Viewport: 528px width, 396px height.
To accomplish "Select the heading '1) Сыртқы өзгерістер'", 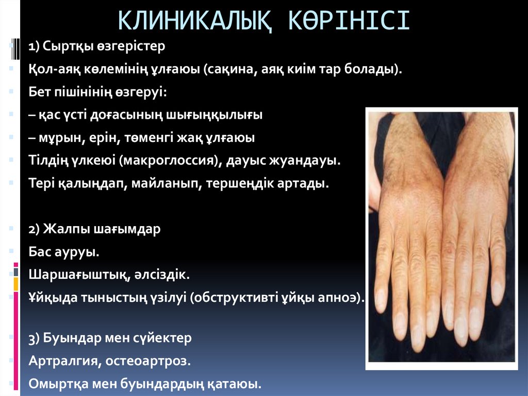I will coord(96,46).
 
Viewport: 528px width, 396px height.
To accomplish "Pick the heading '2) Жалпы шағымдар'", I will coord(94,229).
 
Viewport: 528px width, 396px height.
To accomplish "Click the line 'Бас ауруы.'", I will coord(63,252).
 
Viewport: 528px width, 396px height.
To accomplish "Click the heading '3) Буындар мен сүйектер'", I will coord(110,338).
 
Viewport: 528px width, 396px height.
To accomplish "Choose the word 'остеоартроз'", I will coord(148,361).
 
